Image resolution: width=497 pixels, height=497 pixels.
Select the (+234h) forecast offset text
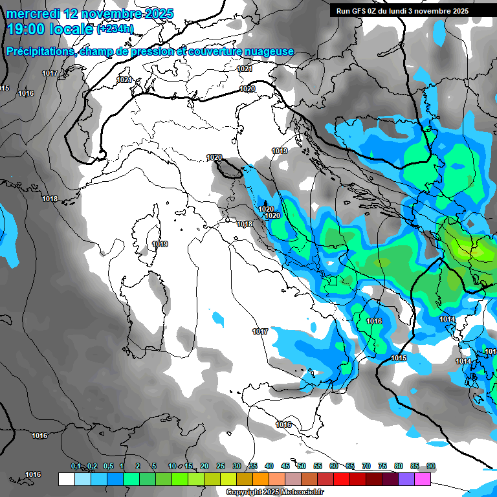coord(115,29)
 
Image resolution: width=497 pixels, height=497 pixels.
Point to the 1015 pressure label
coord(399,358)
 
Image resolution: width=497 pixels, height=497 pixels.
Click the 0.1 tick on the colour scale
coord(75,467)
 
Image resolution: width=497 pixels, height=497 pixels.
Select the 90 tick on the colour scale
coord(431,467)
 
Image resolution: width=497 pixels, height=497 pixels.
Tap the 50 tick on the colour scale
coord(302,467)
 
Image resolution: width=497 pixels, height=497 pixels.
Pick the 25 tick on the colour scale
coord(221,467)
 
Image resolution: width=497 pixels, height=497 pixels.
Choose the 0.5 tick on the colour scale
coord(107,467)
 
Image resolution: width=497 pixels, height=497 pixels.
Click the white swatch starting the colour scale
coord(67,480)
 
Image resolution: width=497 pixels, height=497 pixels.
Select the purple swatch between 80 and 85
coord(406,480)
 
